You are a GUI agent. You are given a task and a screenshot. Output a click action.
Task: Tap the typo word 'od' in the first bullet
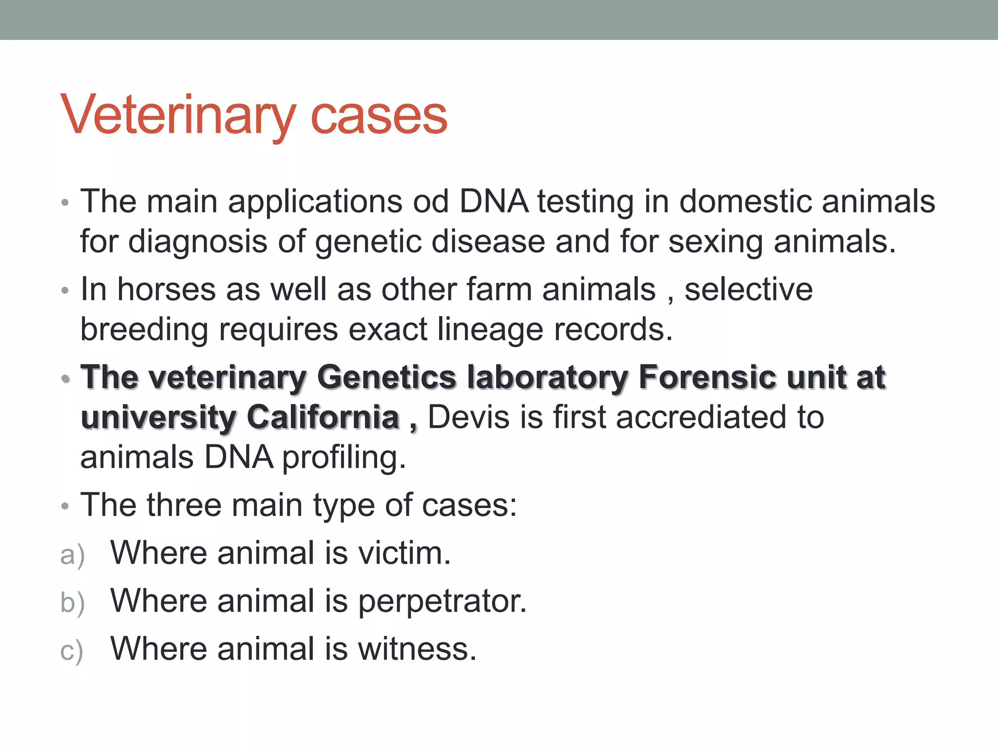[x=430, y=201]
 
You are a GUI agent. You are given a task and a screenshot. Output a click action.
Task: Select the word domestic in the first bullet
[x=745, y=201]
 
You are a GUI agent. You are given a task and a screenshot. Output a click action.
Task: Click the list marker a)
[x=72, y=555]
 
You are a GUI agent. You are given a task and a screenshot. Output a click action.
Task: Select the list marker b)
[x=72, y=603]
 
